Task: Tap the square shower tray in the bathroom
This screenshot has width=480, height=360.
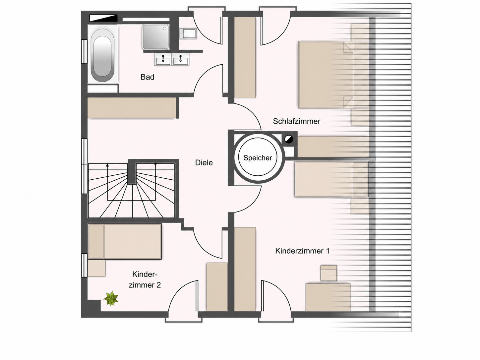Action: [x=156, y=37]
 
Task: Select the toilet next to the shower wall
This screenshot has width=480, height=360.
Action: [x=188, y=34]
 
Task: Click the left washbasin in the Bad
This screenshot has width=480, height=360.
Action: [x=163, y=59]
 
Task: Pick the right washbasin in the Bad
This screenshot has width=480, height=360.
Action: [x=180, y=59]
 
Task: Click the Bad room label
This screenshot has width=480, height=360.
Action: [x=147, y=77]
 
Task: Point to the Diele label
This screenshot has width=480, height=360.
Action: [x=204, y=163]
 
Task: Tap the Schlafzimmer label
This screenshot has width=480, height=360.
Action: [x=297, y=121]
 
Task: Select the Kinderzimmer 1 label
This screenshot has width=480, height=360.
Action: [x=302, y=251]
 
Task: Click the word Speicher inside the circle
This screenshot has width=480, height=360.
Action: [x=258, y=158]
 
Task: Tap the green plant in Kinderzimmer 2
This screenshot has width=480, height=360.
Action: [x=111, y=298]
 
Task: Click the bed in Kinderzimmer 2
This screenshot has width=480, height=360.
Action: [x=125, y=241]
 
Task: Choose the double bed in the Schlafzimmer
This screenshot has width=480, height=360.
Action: [x=333, y=75]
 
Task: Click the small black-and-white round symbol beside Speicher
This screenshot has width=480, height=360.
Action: [x=289, y=139]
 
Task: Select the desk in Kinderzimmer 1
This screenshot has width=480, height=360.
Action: [x=328, y=297]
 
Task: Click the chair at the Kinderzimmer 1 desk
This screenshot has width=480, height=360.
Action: [x=329, y=273]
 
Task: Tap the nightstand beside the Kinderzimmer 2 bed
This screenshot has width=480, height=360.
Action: [x=97, y=268]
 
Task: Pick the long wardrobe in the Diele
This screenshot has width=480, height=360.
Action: [x=132, y=108]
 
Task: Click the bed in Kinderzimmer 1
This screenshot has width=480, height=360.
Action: [x=332, y=179]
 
